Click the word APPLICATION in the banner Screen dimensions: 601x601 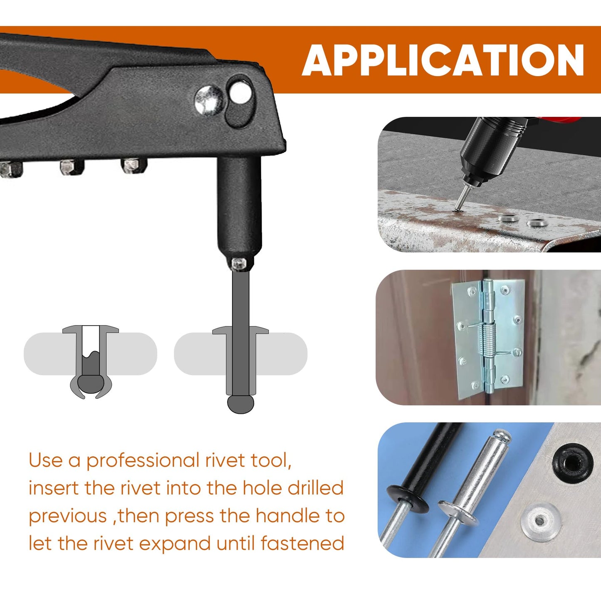[443, 60]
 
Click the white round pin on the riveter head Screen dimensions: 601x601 [240, 92]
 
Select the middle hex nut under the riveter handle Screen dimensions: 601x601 [71, 167]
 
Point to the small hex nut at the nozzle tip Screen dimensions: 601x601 [239, 264]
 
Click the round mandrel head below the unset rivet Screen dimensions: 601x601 [240, 404]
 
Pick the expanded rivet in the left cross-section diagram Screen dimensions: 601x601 [91, 362]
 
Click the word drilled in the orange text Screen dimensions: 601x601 [316, 488]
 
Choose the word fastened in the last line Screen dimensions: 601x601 [302, 544]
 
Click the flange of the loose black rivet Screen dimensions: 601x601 [408, 498]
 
